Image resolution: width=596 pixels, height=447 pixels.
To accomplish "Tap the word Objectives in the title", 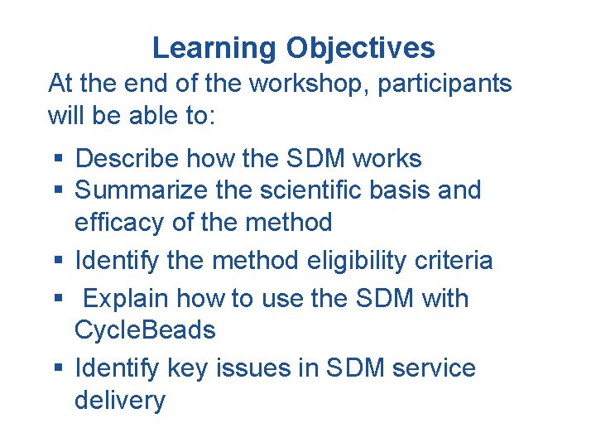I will tap(360, 49).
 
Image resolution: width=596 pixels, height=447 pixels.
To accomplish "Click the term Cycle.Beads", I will tap(145, 330).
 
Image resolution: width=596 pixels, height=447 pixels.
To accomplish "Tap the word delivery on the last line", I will tap(119, 401).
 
